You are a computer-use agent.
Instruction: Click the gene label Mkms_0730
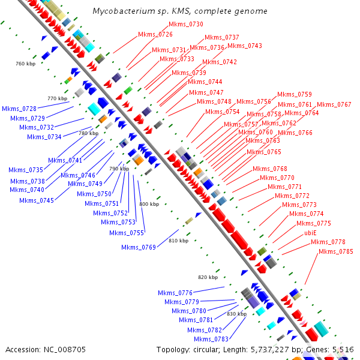pyautogui.click(x=186, y=24)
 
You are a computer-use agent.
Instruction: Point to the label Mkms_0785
pyautogui.click(x=336, y=251)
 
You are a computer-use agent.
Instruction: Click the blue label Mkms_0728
pyautogui.click(x=19, y=109)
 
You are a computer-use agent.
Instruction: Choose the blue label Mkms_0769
pyautogui.click(x=139, y=247)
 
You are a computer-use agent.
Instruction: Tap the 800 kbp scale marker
pyautogui.click(x=149, y=205)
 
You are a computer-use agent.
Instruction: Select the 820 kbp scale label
pyautogui.click(x=208, y=277)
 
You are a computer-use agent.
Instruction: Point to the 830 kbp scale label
pyautogui.click(x=236, y=314)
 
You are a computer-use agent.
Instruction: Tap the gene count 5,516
pyautogui.click(x=343, y=349)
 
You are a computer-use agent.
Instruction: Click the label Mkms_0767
pyautogui.click(x=334, y=104)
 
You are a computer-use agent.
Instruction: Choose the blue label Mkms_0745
pyautogui.click(x=37, y=200)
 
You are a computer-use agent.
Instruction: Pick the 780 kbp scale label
pyautogui.click(x=88, y=133)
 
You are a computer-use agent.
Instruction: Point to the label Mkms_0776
pyautogui.click(x=175, y=293)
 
